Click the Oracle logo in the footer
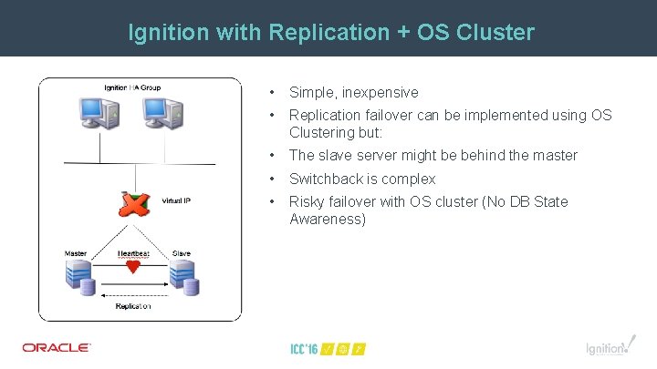tap(57, 347)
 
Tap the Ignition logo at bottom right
tap(606, 347)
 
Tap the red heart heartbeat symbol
tap(133, 268)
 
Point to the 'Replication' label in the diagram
tap(133, 307)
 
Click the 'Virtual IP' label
tap(175, 200)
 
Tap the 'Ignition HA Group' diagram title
tap(132, 87)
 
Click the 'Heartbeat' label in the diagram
tap(133, 253)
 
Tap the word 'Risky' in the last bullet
tap(307, 201)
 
